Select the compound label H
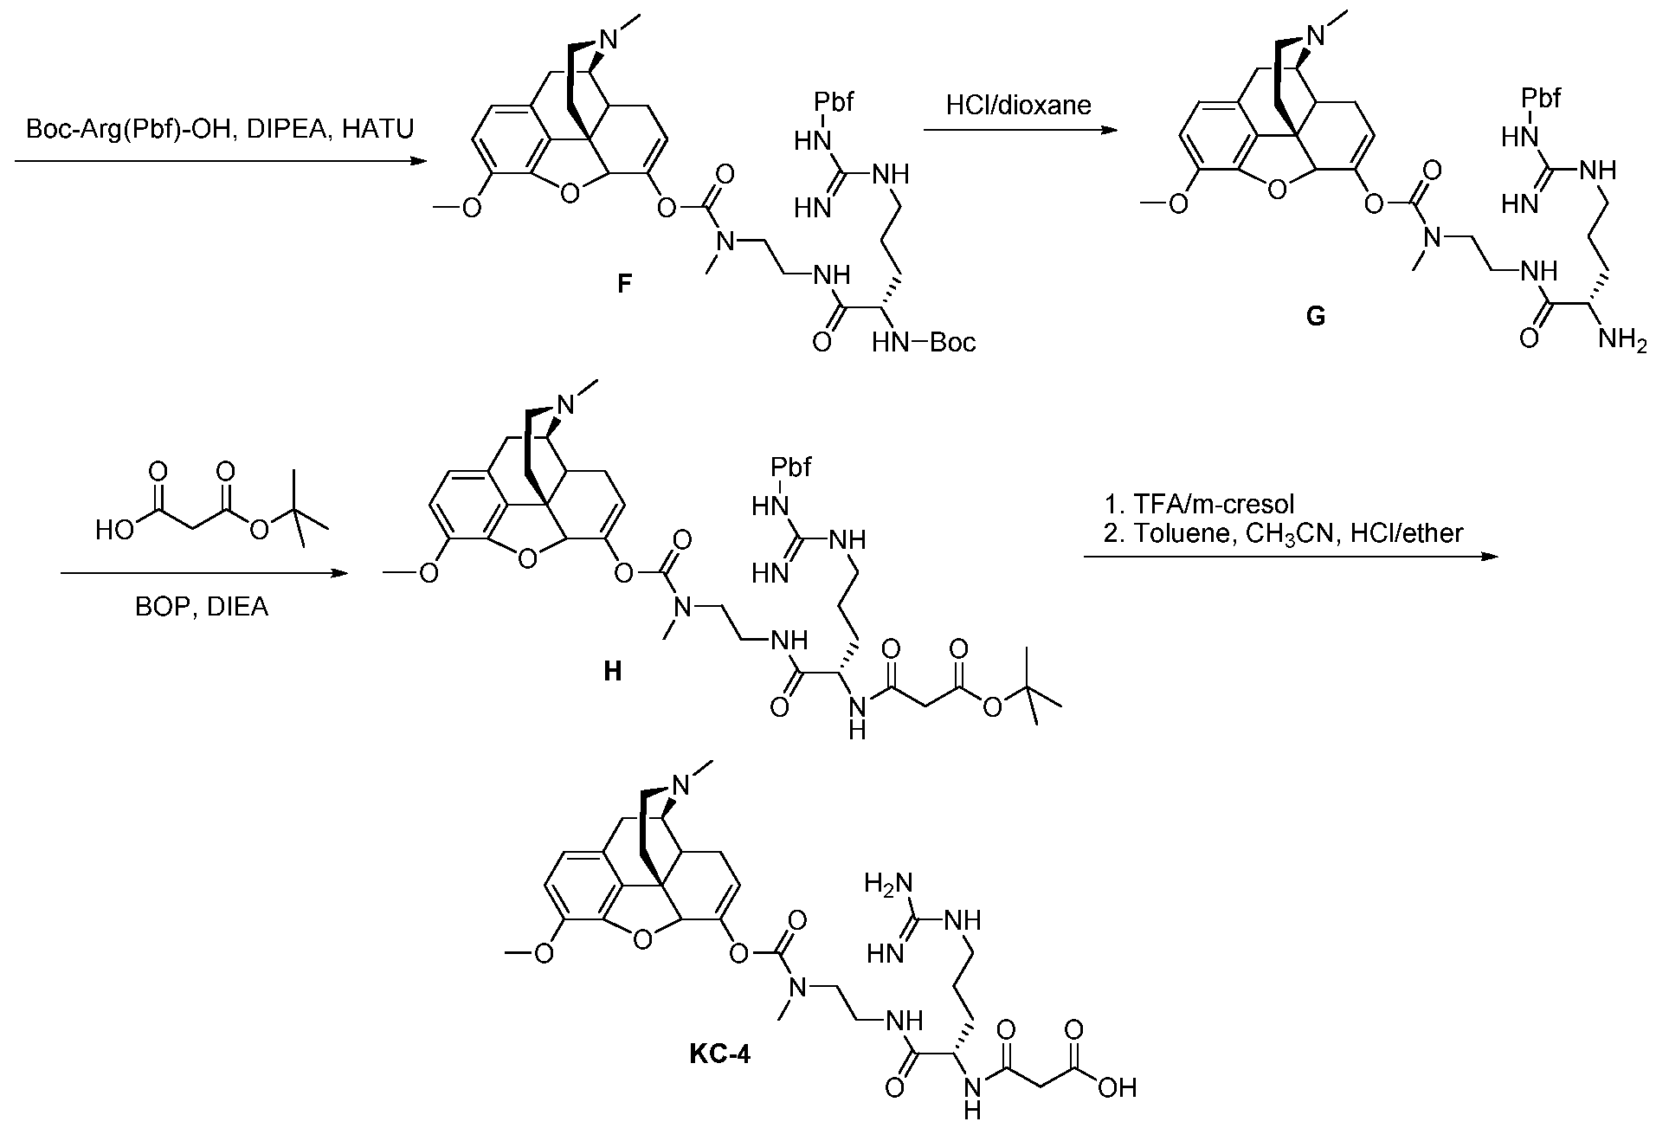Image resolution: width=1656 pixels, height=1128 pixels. point(613,672)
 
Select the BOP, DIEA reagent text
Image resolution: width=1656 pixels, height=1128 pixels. point(202,607)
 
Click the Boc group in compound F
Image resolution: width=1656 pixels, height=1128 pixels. point(953,343)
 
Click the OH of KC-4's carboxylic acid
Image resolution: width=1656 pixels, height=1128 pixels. point(1117,1087)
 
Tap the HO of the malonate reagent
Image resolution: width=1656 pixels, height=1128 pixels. point(114,530)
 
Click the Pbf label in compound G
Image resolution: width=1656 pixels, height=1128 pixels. point(1540,98)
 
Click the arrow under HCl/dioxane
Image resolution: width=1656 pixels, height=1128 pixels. point(1018,130)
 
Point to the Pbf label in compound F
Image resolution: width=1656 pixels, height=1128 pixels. point(834,103)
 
